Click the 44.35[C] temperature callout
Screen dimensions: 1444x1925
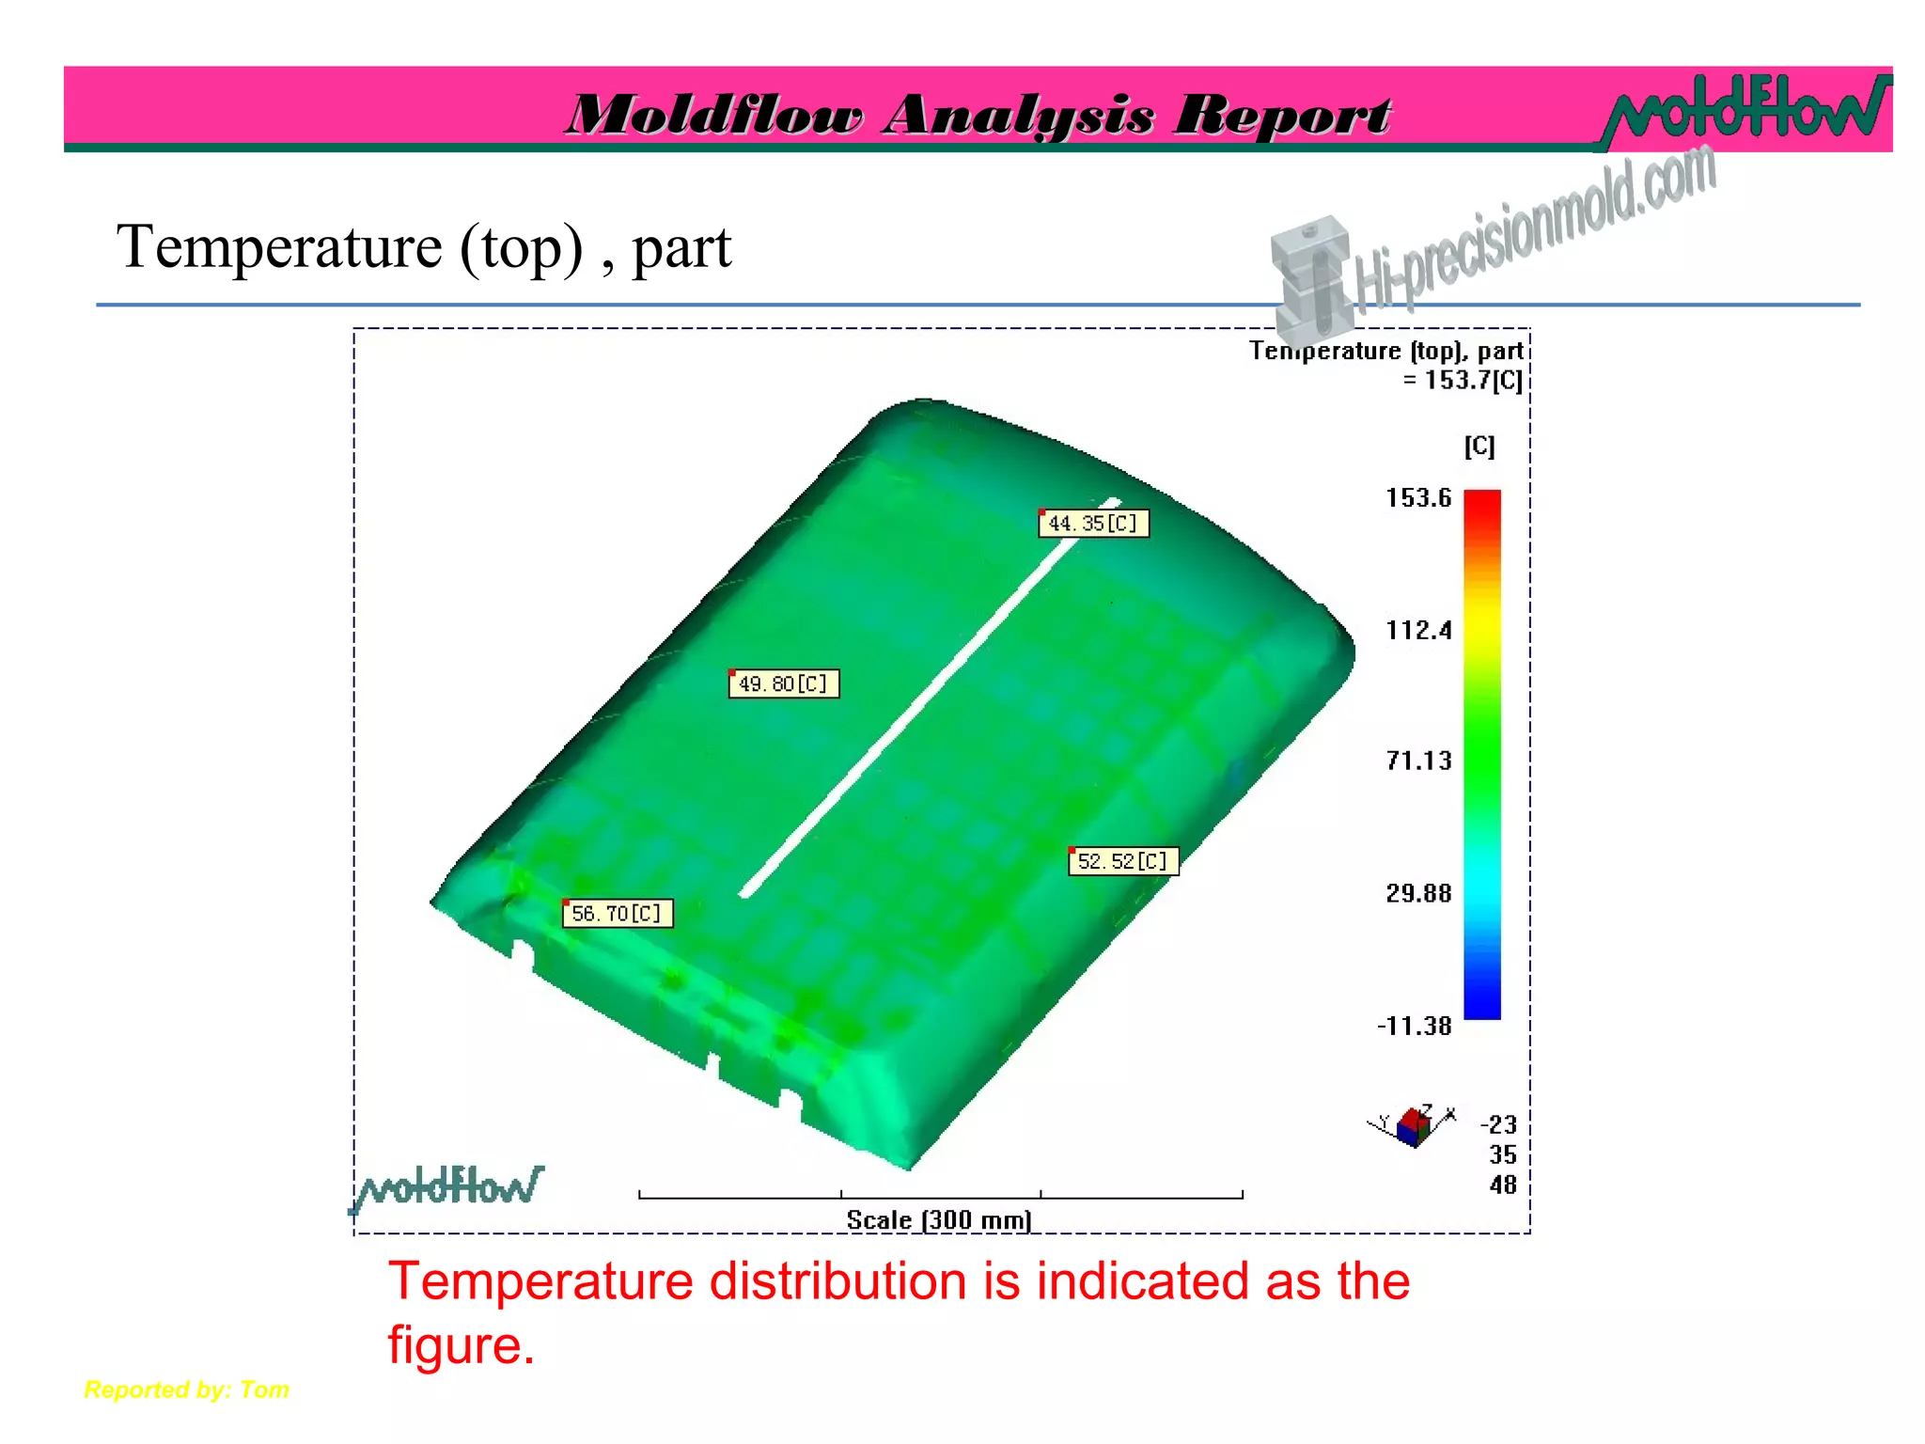pos(1093,523)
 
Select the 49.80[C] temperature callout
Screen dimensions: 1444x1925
pos(784,683)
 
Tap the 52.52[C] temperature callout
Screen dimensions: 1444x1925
pos(1123,861)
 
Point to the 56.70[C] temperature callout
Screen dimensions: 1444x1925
pos(618,914)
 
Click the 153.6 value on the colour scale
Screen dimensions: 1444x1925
pos(1418,497)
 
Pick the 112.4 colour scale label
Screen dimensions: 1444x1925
pos(1418,630)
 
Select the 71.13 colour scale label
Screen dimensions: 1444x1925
pos(1418,761)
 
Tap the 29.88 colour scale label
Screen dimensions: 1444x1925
pos(1418,893)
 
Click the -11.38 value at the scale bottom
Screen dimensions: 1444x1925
pos(1414,1026)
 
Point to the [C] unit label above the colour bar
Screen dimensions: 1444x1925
pos(1479,446)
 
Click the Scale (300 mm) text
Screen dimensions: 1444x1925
pos(939,1220)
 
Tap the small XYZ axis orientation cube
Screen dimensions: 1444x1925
pos(1414,1126)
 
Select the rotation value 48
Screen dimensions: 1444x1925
pos(1503,1185)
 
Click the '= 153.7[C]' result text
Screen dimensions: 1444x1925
pos(1463,381)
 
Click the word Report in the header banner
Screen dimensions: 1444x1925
pos(1283,116)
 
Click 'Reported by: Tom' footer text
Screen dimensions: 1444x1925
pos(187,1389)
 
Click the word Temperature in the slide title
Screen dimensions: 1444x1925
pos(279,247)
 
